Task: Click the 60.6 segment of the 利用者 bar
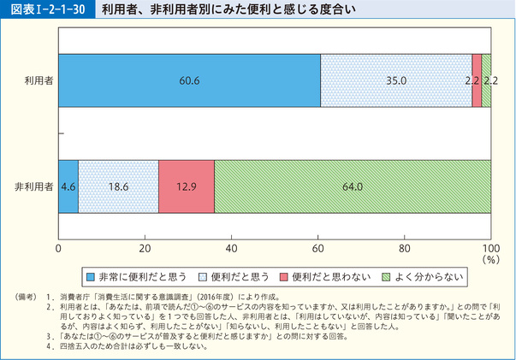[189, 80]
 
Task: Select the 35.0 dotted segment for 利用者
[396, 80]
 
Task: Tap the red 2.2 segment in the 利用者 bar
[477, 80]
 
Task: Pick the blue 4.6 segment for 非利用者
[68, 186]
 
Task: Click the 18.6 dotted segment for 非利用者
[118, 186]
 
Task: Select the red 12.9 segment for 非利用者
[187, 186]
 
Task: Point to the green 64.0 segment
[353, 186]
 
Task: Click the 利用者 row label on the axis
[39, 80]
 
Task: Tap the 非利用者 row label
[35, 186]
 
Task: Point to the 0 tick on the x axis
[58, 248]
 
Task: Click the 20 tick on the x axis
[145, 248]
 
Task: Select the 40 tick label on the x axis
[231, 248]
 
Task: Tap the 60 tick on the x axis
[318, 248]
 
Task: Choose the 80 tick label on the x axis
[405, 248]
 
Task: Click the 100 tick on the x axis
[490, 248]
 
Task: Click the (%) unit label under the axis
[489, 259]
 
